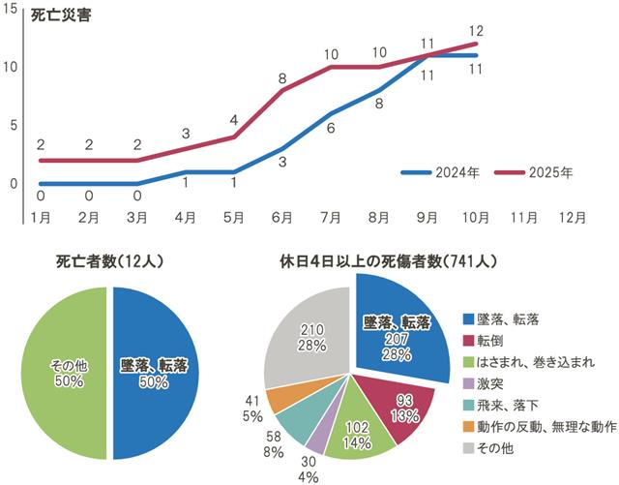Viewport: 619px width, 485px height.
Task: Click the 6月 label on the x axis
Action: click(x=283, y=217)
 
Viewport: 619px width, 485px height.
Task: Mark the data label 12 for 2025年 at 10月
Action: click(x=475, y=32)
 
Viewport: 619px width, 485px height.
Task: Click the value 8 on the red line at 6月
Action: click(x=282, y=77)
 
